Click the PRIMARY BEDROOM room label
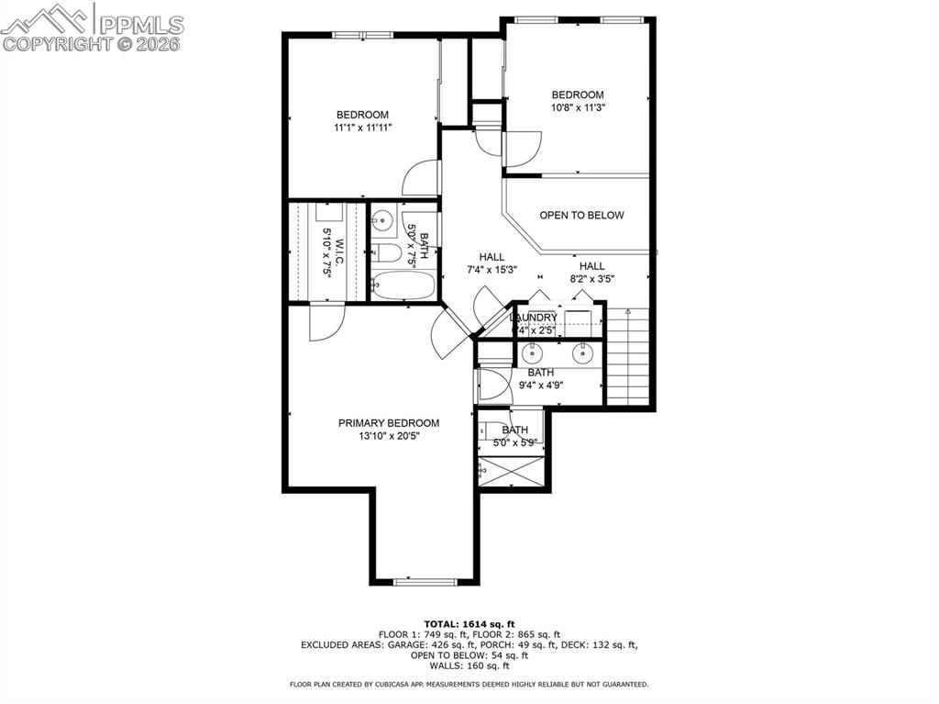(388, 423)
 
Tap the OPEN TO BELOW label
(581, 216)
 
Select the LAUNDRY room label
(534, 318)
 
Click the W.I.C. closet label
(338, 248)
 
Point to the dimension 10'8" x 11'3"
(578, 107)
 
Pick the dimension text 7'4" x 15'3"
(492, 270)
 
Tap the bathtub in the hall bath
(403, 285)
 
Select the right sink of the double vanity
(581, 352)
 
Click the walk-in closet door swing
(326, 323)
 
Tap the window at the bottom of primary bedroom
(425, 581)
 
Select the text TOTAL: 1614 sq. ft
(469, 622)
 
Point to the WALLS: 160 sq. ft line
(469, 666)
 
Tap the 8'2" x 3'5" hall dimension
(591, 279)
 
